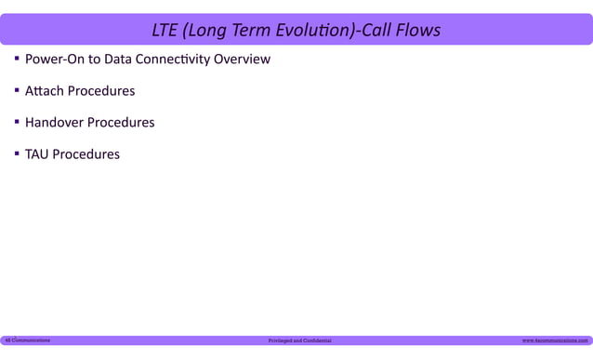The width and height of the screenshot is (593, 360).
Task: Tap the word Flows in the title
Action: coord(416,31)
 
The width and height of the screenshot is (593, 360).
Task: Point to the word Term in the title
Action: coord(244,31)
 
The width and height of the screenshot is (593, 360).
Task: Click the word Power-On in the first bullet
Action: coord(54,60)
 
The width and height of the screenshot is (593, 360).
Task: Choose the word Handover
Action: coord(54,123)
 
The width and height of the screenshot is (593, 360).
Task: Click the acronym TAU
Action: coord(36,154)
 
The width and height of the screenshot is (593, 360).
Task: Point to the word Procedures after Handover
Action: coord(121,123)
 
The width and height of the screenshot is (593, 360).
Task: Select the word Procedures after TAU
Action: coord(86,154)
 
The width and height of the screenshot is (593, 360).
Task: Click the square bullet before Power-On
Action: coord(17,60)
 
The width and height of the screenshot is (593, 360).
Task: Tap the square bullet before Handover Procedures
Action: coord(17,122)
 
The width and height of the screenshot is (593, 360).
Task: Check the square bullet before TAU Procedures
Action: coord(17,153)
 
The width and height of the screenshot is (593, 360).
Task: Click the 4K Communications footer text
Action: coord(27,340)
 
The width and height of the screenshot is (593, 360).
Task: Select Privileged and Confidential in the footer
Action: coord(299,341)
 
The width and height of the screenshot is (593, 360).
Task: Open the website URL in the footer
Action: coord(555,341)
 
